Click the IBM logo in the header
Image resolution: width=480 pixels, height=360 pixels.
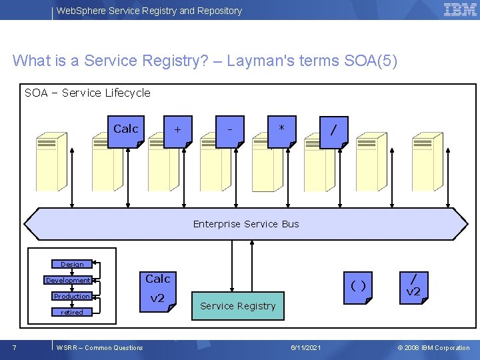coord(460,10)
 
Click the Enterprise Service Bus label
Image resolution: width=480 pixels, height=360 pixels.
coord(246,224)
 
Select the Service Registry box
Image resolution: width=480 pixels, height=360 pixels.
coord(238,306)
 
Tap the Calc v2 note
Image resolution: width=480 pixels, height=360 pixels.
coord(158,289)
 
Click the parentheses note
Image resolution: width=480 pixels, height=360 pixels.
coord(358,286)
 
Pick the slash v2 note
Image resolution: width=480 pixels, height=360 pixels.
coord(413,285)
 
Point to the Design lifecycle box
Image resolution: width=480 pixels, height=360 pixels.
coord(72,265)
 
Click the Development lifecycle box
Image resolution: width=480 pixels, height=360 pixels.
coord(68,281)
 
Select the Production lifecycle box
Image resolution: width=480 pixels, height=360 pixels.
coord(72,297)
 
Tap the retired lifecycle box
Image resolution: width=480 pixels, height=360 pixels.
coord(72,313)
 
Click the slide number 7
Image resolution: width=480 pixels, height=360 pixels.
coord(15,347)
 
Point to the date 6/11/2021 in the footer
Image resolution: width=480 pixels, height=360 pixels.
coord(306,348)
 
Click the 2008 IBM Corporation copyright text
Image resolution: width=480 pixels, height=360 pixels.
coord(433,348)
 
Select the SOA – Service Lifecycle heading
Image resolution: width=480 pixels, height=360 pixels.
coord(87,93)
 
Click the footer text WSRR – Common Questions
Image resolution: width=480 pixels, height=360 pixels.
coord(100,348)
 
